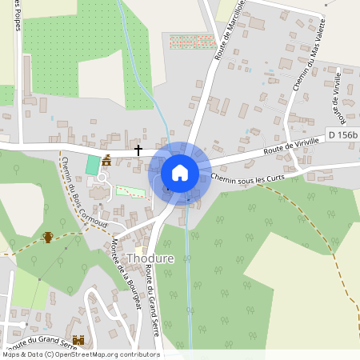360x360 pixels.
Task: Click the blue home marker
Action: pyautogui.click(x=179, y=172)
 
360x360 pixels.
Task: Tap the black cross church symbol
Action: pyautogui.click(x=138, y=150)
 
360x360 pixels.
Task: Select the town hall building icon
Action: pyautogui.click(x=106, y=161)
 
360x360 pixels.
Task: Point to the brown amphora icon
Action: pyautogui.click(x=48, y=238)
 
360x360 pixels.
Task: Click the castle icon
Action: pyautogui.click(x=78, y=340)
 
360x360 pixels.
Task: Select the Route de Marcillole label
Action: pyautogui.click(x=229, y=32)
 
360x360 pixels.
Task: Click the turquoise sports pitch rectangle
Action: pyautogui.click(x=92, y=166)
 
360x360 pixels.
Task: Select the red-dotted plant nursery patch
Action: pyautogui.click(x=192, y=41)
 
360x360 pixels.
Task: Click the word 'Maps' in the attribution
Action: pyautogui.click(x=12, y=354)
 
